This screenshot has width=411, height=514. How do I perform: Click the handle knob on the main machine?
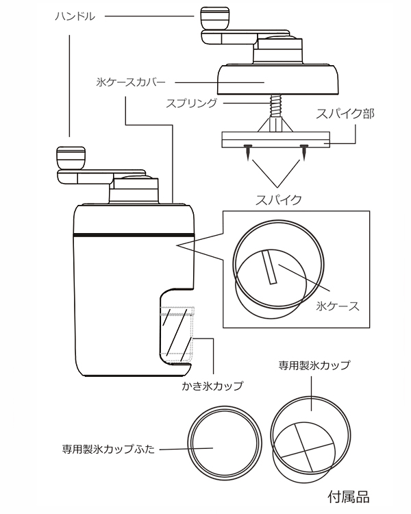pyautogui.click(x=68, y=157)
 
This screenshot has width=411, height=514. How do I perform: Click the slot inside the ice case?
pyautogui.click(x=269, y=267)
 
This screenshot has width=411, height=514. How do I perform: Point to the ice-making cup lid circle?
pyautogui.click(x=223, y=443)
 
